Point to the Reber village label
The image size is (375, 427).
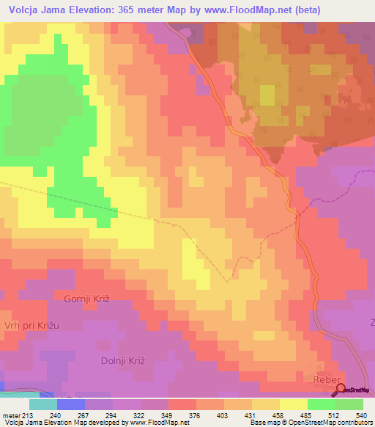point(327,380)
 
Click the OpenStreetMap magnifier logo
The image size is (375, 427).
point(342,391)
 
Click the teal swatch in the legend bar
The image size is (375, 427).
point(43,404)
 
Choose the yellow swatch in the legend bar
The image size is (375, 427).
point(294,404)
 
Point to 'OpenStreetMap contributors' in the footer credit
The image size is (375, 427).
point(332,423)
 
